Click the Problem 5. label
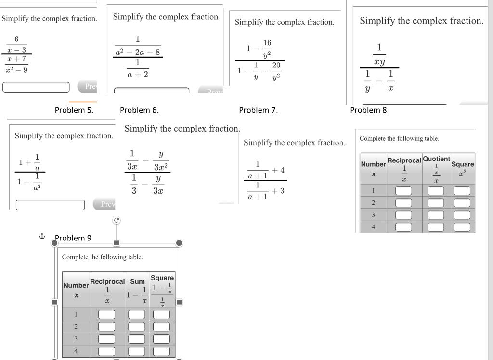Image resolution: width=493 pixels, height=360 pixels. [74, 110]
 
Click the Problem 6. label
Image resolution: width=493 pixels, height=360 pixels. [139, 110]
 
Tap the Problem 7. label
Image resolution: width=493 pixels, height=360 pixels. [258, 110]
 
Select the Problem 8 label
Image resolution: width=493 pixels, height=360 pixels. [368, 110]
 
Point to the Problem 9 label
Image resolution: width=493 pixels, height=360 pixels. [73, 238]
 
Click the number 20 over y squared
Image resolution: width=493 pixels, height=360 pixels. [276, 65]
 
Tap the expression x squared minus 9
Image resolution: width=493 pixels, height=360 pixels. [17, 69]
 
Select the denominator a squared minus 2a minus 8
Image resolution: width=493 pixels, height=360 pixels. [138, 52]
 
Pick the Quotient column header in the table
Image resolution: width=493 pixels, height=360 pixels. [436, 159]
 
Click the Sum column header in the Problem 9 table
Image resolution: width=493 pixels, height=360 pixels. [137, 281]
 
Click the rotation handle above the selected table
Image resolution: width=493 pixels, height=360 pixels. [116, 220]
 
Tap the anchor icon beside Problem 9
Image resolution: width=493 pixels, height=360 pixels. [41, 237]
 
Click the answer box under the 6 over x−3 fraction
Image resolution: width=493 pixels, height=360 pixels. [36, 87]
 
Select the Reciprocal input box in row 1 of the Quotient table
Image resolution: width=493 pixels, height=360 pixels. [404, 190]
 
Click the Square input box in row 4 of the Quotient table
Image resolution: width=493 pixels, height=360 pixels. [462, 227]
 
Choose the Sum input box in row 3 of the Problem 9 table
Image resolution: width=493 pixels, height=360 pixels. [137, 339]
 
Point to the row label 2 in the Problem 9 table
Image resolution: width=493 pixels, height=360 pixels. [76, 326]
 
